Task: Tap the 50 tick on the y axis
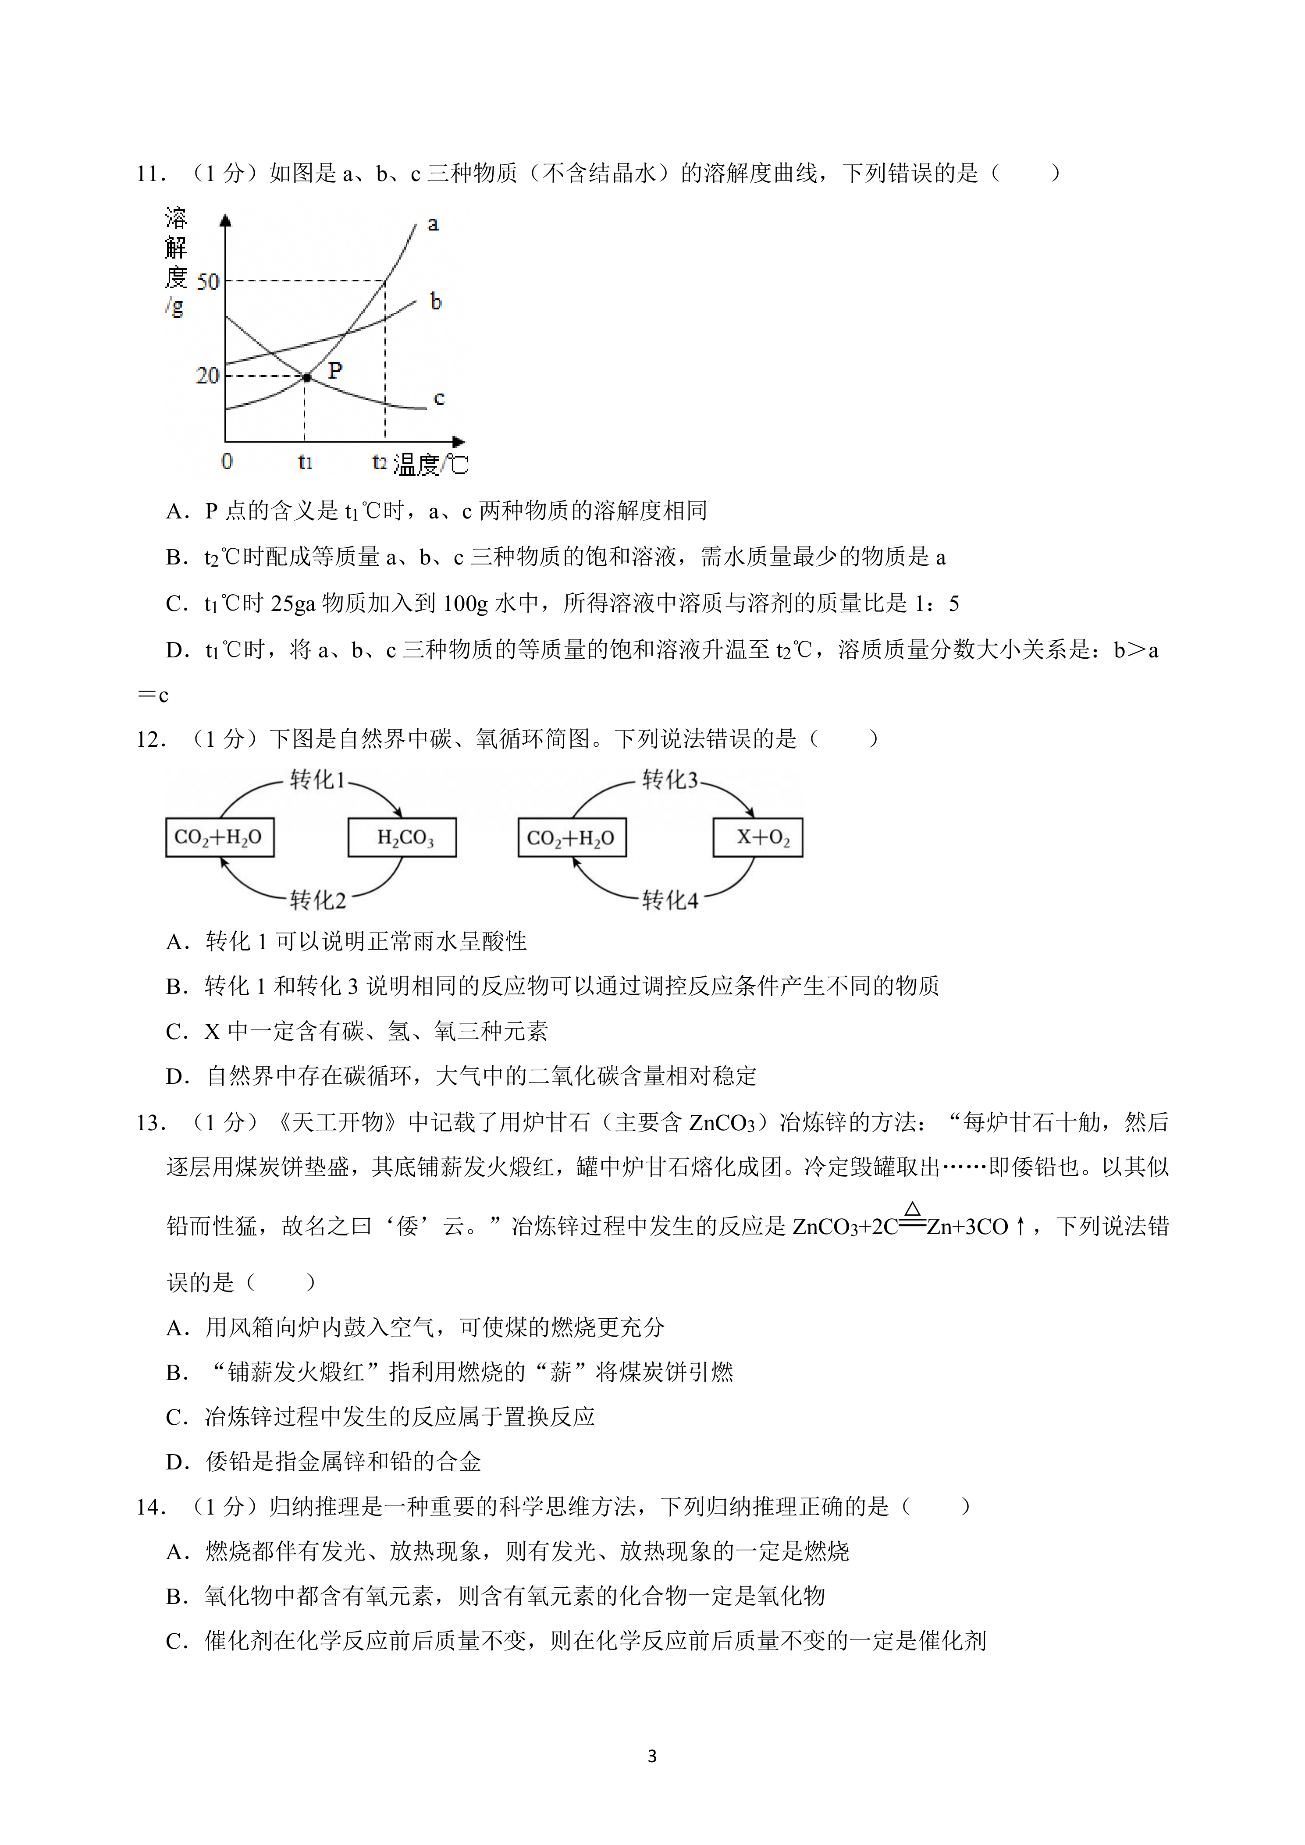(x=207, y=282)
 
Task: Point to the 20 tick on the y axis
(x=207, y=375)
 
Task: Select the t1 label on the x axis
(x=305, y=462)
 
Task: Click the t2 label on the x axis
(x=379, y=462)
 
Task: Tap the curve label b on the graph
(x=436, y=302)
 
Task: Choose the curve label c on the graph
(x=439, y=398)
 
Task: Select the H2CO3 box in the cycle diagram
(x=402, y=837)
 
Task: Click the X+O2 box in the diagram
(x=758, y=837)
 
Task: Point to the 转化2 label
(x=317, y=900)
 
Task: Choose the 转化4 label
(x=669, y=900)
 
